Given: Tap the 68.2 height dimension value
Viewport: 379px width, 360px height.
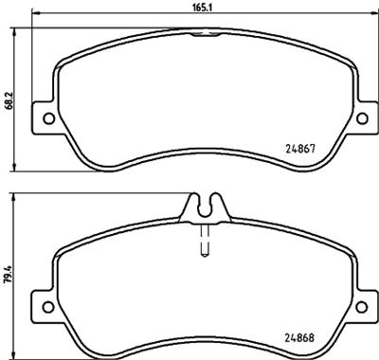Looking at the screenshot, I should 8,99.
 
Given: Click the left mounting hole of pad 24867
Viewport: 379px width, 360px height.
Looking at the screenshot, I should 44,117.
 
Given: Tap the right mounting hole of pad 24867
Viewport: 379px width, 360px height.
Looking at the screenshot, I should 360,117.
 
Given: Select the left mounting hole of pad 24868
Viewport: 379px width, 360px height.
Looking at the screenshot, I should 44,304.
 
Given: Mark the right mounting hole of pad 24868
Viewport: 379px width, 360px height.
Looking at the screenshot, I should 360,304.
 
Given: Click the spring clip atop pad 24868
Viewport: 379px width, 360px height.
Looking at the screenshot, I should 202,204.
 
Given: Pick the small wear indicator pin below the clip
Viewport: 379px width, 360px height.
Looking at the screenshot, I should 202,244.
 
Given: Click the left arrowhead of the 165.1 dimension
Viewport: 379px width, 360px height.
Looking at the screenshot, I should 34,14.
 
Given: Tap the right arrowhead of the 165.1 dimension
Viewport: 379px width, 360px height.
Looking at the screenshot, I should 370,14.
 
